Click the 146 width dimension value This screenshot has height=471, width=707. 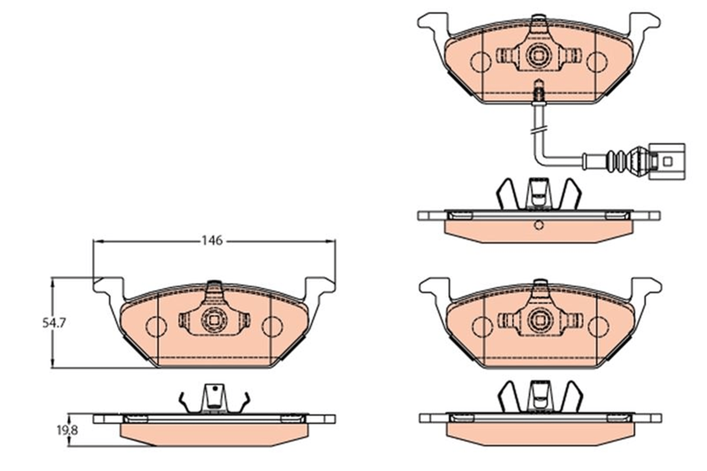[x=212, y=241]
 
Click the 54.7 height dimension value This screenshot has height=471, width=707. [x=54, y=323]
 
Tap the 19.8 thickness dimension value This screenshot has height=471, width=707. [x=67, y=430]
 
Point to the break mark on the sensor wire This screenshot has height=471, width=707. [x=539, y=131]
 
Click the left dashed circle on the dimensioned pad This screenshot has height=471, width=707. [x=156, y=326]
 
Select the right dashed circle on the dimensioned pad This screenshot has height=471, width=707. [x=272, y=326]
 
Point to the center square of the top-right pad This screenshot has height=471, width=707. [x=539, y=56]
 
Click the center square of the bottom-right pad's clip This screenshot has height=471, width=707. [x=539, y=320]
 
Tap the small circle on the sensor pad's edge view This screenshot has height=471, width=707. [x=539, y=225]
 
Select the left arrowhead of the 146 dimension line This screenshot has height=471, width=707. [x=98, y=241]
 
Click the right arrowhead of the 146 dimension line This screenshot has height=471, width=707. [x=331, y=241]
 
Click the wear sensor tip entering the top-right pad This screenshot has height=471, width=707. [x=539, y=91]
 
